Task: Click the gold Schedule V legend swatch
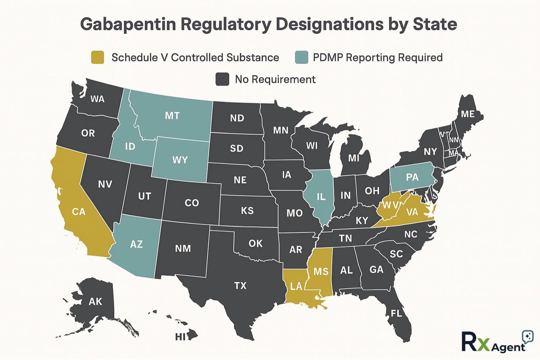[97, 57]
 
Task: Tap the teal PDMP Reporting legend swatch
[302, 57]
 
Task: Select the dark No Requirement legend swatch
[222, 79]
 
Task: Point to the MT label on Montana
[172, 116]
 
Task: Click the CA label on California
[79, 212]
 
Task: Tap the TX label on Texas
[240, 285]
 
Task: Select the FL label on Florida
[396, 313]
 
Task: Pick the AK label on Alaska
[95, 301]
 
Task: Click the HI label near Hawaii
[180, 337]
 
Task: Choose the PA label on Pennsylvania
[412, 177]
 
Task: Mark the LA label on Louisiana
[296, 287]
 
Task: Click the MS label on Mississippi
[321, 271]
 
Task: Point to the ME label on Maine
[468, 114]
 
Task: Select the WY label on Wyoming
[180, 160]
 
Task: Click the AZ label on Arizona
[136, 244]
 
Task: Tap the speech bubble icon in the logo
[527, 336]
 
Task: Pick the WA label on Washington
[97, 99]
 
